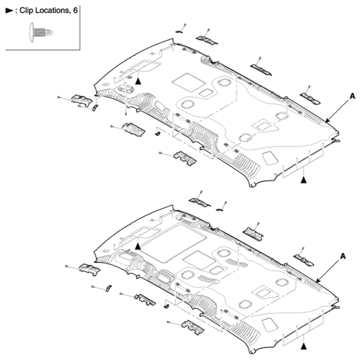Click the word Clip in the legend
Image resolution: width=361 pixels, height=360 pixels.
[27, 10]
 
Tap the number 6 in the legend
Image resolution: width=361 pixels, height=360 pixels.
[75, 10]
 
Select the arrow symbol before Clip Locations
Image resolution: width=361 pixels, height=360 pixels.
[9, 10]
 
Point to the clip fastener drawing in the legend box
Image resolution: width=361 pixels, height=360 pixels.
[41, 32]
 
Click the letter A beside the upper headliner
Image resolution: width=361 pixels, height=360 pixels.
[352, 96]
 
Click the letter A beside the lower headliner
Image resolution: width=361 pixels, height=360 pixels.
[343, 256]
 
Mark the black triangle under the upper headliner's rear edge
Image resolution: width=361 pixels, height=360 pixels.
[304, 180]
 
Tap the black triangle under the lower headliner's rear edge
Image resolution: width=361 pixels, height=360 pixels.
[304, 346]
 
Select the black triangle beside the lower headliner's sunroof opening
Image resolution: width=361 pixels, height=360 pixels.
[138, 246]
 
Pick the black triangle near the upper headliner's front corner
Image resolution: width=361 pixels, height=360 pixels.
[138, 81]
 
